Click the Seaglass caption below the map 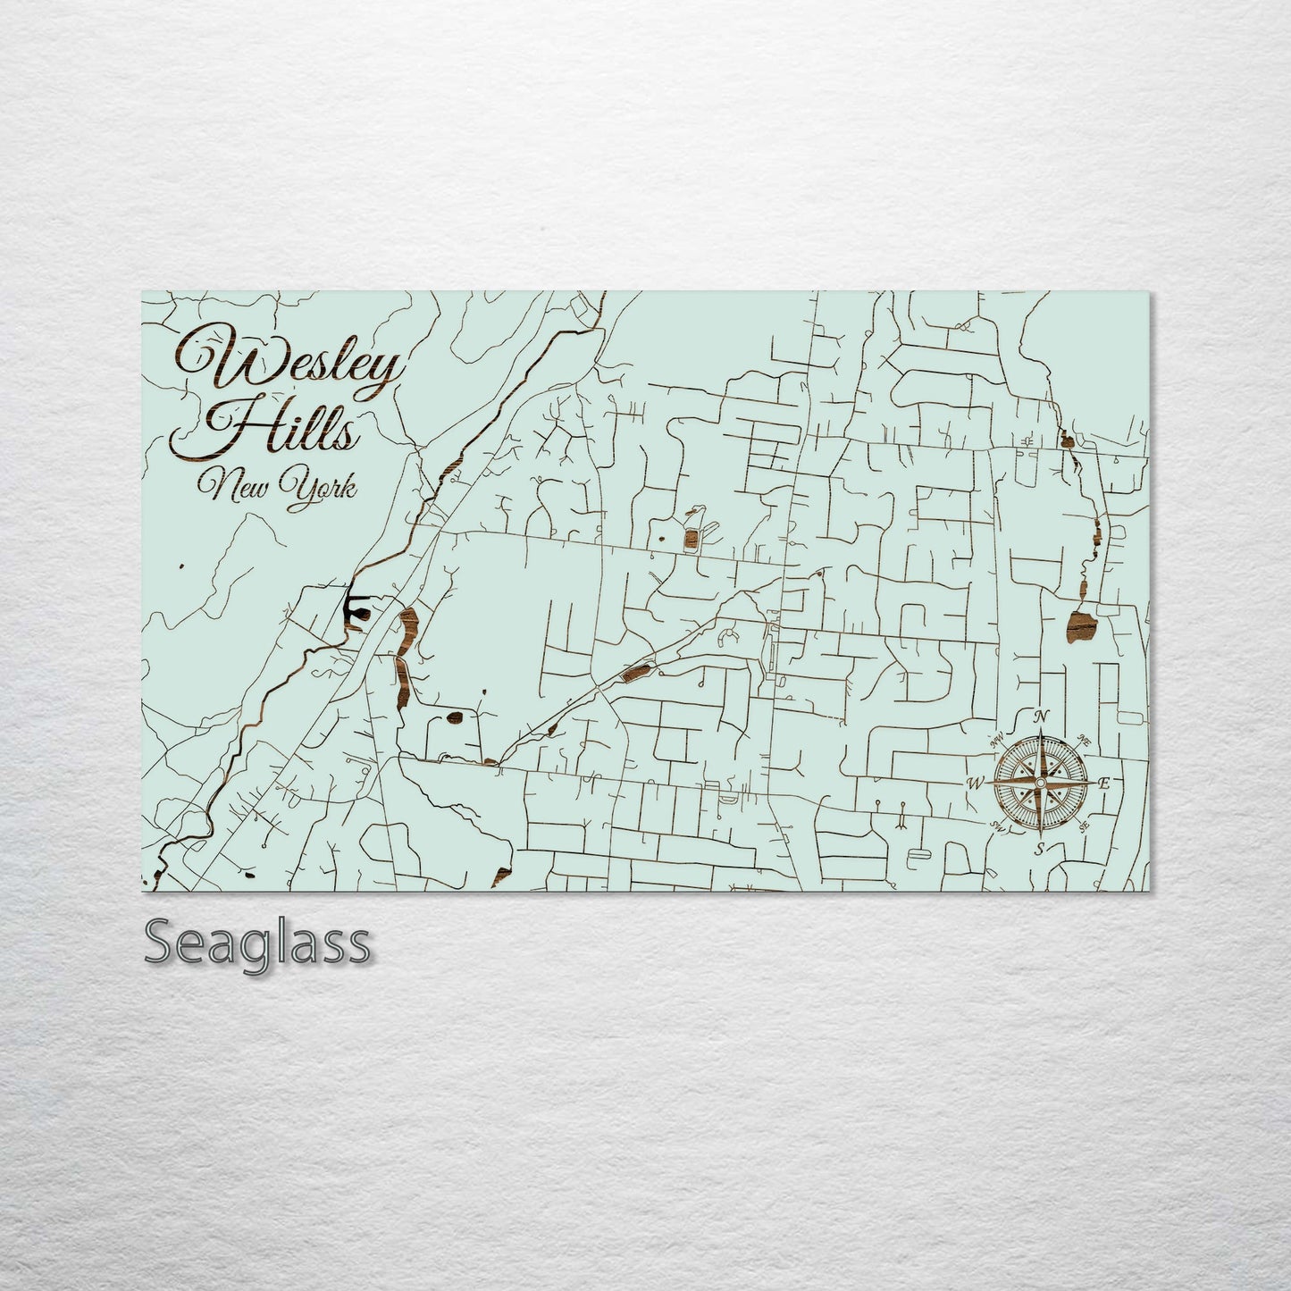tap(256, 943)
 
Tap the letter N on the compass tap(1041, 717)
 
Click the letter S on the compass tap(1039, 849)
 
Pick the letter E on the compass tap(1104, 784)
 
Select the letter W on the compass tap(974, 784)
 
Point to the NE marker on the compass tap(1085, 740)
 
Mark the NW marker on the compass tap(994, 740)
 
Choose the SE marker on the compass tap(1085, 826)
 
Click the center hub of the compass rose tap(1039, 783)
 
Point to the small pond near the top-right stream tap(1066, 438)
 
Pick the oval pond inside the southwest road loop tap(455, 717)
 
